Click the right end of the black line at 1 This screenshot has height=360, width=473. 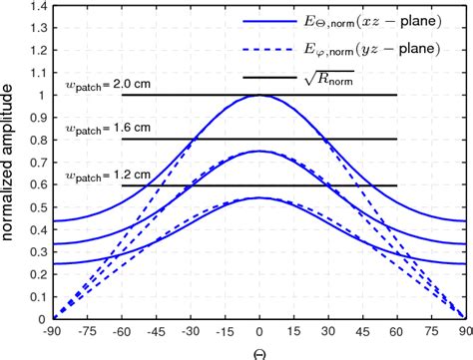396,96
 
